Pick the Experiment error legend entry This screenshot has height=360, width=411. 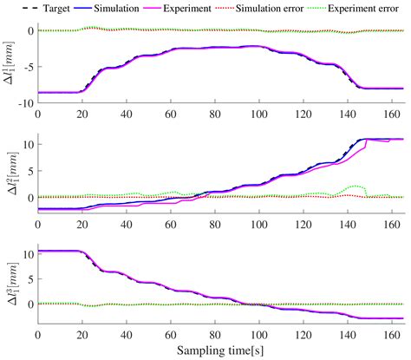pos(374,8)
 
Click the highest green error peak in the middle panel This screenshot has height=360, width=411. pos(356,186)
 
